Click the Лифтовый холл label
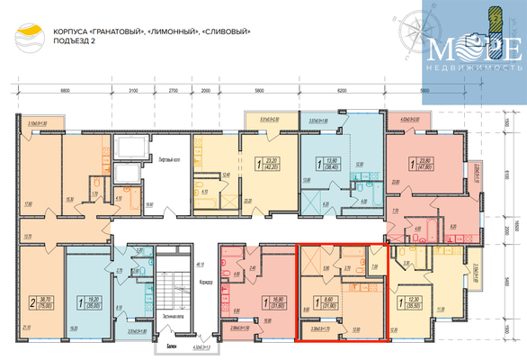coord(172,158)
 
